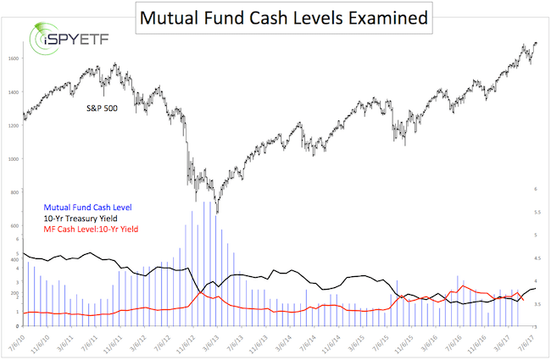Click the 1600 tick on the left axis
point(13,58)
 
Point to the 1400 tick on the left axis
point(13,92)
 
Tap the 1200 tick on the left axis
point(13,125)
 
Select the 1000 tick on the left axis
point(13,159)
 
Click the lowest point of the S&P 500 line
point(217,213)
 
